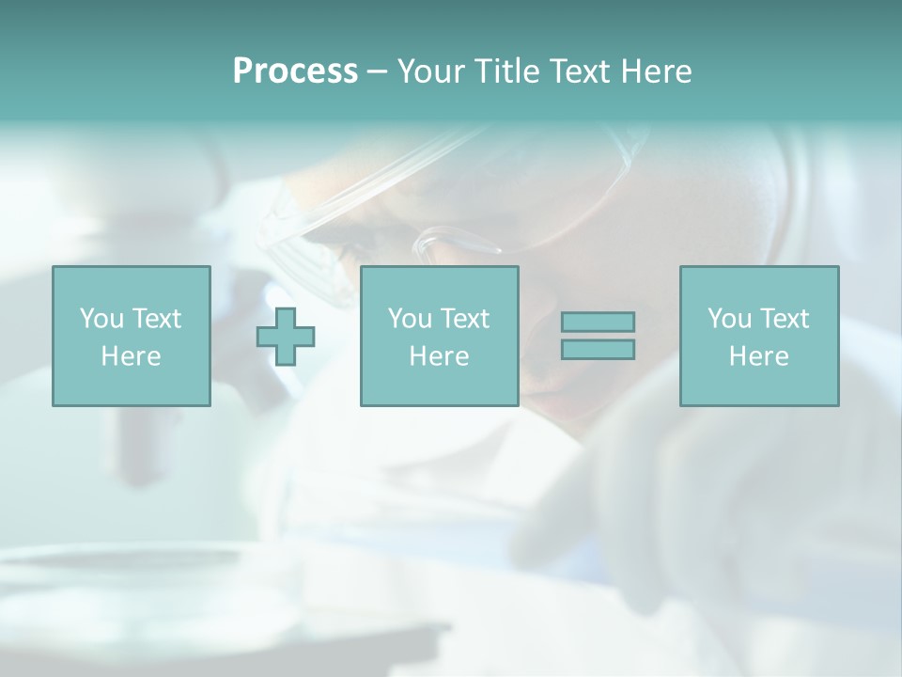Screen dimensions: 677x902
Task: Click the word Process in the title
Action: pyautogui.click(x=295, y=71)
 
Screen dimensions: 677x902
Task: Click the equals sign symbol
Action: pyautogui.click(x=598, y=336)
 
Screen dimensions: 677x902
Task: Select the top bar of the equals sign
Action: pyautogui.click(x=598, y=323)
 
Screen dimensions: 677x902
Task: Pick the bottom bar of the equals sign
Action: pyautogui.click(x=598, y=349)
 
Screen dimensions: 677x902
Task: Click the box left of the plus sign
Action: pyautogui.click(x=132, y=337)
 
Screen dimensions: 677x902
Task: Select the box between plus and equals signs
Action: pyautogui.click(x=440, y=337)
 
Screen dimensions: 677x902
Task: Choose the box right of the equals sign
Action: pyautogui.click(x=759, y=337)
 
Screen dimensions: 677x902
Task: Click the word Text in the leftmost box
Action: pyautogui.click(x=156, y=319)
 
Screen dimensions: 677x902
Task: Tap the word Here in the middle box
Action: pyautogui.click(x=440, y=356)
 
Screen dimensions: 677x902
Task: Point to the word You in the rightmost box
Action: pyautogui.click(x=730, y=319)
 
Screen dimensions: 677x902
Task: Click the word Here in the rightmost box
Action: pyautogui.click(x=759, y=356)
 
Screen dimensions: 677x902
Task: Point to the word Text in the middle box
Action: pyautogui.click(x=464, y=319)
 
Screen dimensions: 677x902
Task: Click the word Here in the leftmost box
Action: pyautogui.click(x=132, y=356)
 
